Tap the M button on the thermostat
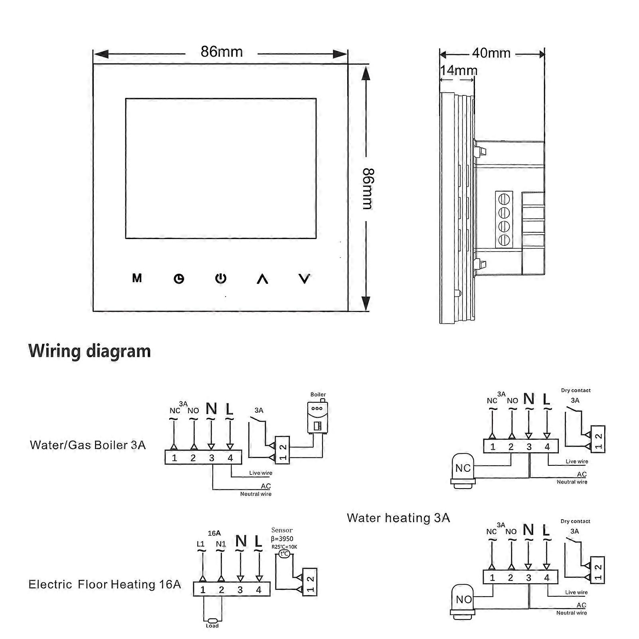pos(137,278)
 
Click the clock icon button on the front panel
pos(179,279)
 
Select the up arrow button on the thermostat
pos(262,279)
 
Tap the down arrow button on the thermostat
pos(305,279)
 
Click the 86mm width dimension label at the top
pos(222,52)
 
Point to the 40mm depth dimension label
pos(491,53)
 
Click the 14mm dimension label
pos(459,71)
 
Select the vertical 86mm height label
pos(368,189)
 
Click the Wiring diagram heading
pos(90,351)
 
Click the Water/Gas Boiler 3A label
pos(88,445)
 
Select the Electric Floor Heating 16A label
pos(105,585)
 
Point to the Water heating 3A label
pos(398,518)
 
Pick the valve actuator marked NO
pos(463,600)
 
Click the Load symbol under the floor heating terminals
pos(212,621)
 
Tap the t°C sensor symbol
pos(284,554)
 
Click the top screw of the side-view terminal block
pos(504,198)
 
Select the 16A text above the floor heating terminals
pos(214,533)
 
